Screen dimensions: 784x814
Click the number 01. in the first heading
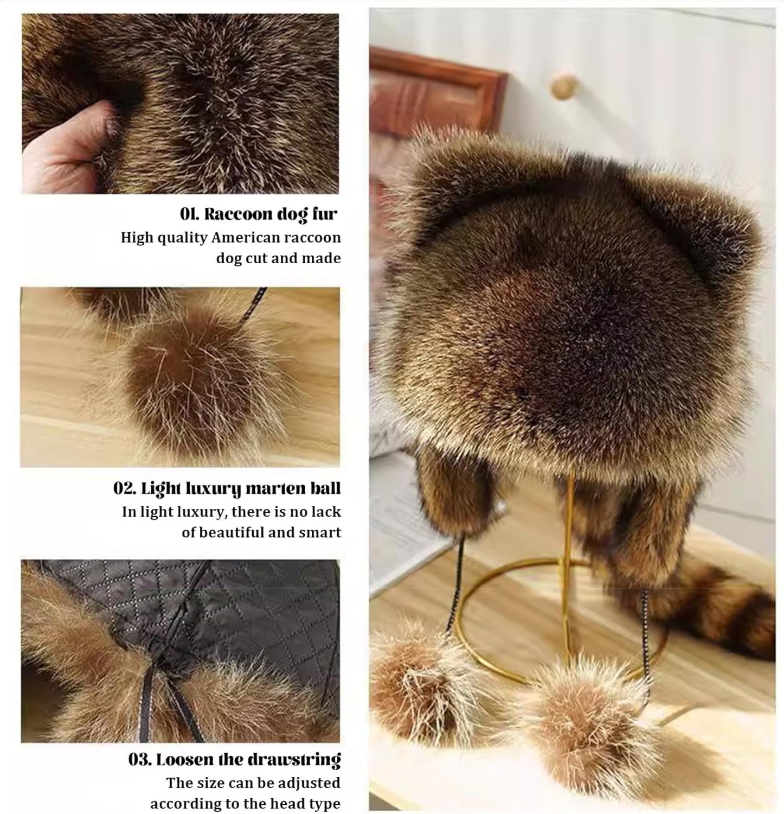click(x=190, y=214)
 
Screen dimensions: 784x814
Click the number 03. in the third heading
click(x=140, y=759)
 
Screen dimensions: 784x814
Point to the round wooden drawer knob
click(x=564, y=87)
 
